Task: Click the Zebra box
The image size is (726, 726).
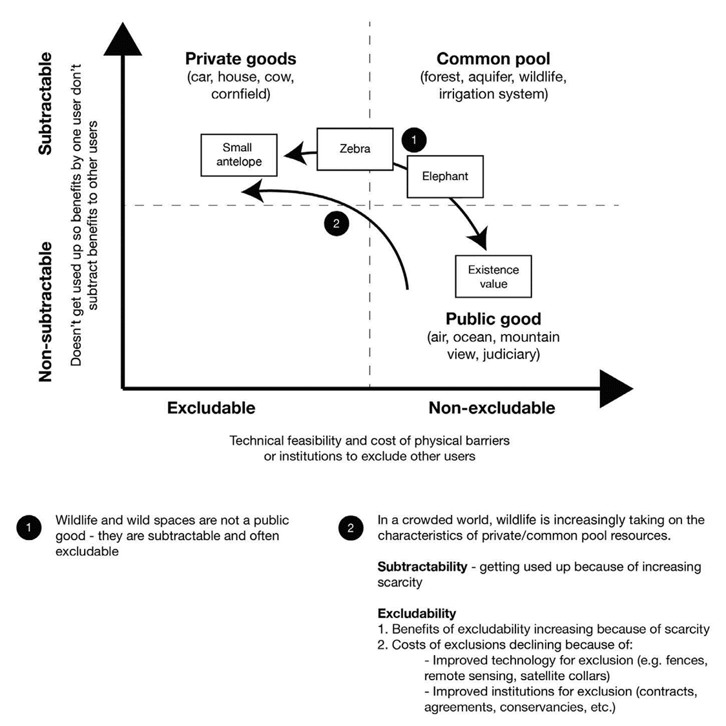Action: pyautogui.click(x=355, y=149)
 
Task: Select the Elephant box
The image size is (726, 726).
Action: pyautogui.click(x=445, y=176)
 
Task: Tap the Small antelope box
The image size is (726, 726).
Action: pyautogui.click(x=239, y=155)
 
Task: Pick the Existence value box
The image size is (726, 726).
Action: pyautogui.click(x=493, y=276)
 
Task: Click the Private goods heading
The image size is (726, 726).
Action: pyautogui.click(x=240, y=59)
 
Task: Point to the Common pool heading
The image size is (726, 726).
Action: pyautogui.click(x=493, y=59)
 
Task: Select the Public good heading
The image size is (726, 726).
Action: pyautogui.click(x=493, y=319)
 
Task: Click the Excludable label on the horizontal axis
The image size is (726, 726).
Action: pyautogui.click(x=211, y=408)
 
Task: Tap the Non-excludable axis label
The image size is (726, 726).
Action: pyautogui.click(x=492, y=408)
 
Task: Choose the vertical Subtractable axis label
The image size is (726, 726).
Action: pyautogui.click(x=45, y=104)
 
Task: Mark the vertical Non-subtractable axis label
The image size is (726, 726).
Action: pyautogui.click(x=45, y=312)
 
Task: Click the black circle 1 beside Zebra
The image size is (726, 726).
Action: pyautogui.click(x=414, y=140)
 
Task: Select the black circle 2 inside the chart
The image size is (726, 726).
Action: pyautogui.click(x=336, y=224)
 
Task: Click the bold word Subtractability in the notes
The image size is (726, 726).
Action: pyautogui.click(x=422, y=566)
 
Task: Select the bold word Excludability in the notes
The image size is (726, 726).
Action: pyautogui.click(x=417, y=613)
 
